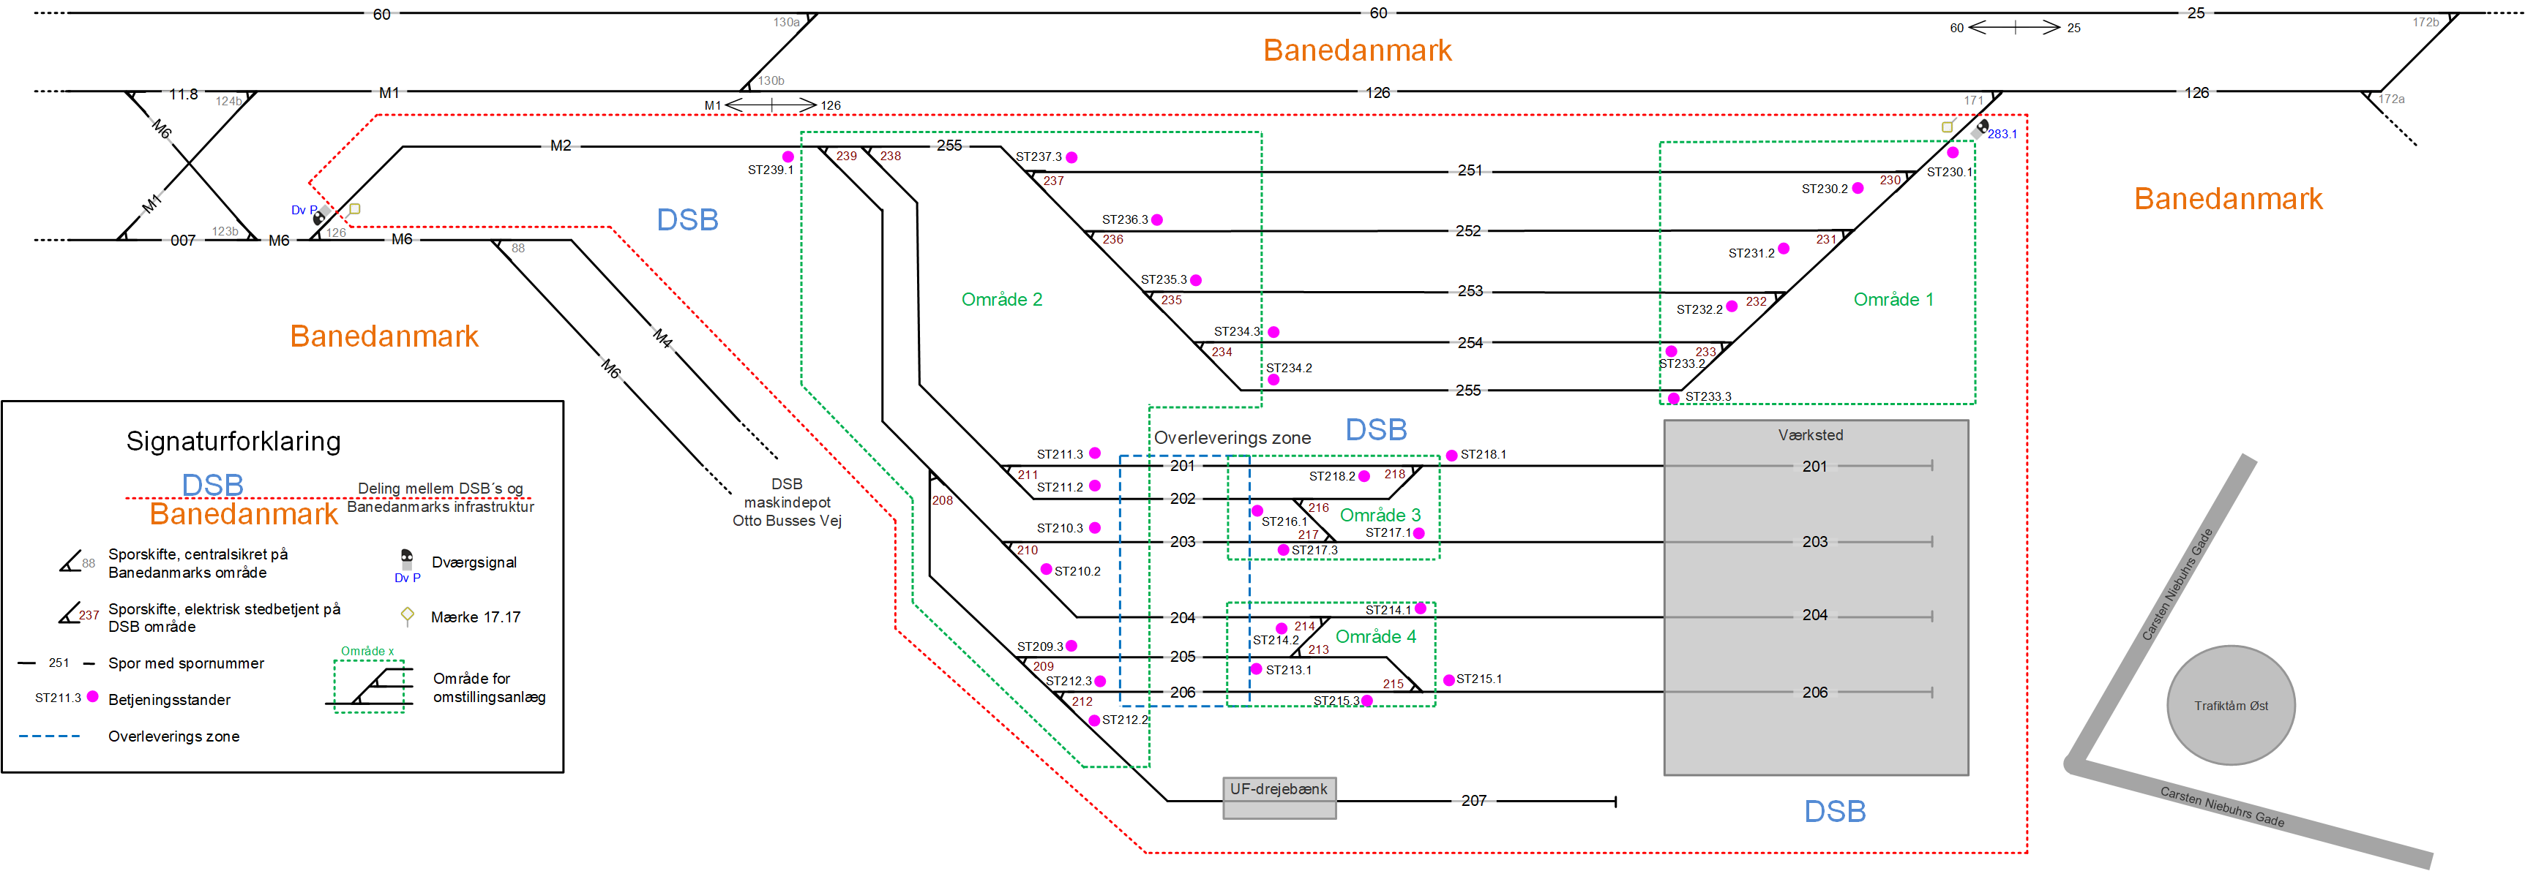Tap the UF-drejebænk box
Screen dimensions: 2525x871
[x=1279, y=798]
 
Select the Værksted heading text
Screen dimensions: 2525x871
[x=1811, y=435]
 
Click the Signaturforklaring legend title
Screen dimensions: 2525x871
[x=233, y=441]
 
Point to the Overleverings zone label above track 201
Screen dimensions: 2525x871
[x=1232, y=438]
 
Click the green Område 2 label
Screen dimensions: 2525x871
[x=1002, y=299]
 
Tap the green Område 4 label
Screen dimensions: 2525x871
[x=1375, y=637]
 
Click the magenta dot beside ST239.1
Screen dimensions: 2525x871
[x=788, y=157]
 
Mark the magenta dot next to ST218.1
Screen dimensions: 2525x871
[x=1451, y=456]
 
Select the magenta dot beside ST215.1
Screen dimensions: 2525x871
[x=1448, y=680]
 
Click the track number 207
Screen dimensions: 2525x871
[x=1473, y=801]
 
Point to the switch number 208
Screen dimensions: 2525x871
[x=942, y=501]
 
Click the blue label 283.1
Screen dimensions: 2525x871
[x=2002, y=135]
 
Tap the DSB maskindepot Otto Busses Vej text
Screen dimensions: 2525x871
[x=787, y=502]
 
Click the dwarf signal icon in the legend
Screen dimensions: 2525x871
[x=407, y=557]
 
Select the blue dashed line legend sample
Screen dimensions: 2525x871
[x=49, y=736]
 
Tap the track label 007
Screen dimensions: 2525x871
[x=182, y=240]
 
